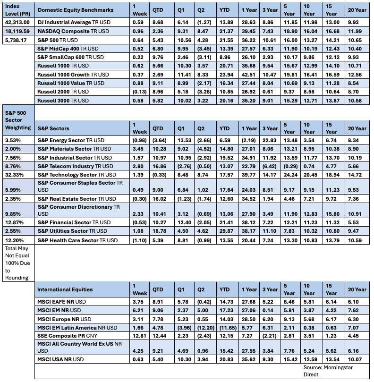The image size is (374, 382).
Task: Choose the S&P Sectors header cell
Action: (x=53, y=128)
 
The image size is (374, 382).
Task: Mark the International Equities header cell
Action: (x=65, y=289)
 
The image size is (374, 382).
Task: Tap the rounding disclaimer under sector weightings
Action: (x=17, y=263)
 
